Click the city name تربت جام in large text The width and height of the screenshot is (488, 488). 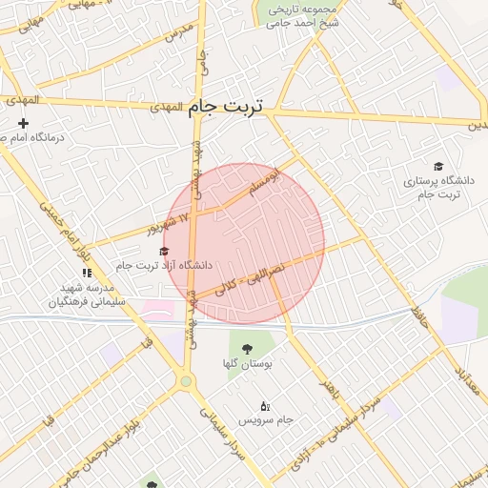[x=231, y=107]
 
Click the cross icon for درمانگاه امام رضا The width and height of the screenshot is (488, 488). [x=24, y=123]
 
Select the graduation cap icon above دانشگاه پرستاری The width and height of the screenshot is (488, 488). [x=437, y=166]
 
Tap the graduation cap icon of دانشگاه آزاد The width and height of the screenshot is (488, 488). [x=164, y=251]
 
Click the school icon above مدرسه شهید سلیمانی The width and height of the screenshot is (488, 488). [x=88, y=273]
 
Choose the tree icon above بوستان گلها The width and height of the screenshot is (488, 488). [x=248, y=349]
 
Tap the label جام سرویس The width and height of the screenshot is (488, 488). [x=261, y=419]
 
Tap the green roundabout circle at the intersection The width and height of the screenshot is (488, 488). [x=186, y=381]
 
